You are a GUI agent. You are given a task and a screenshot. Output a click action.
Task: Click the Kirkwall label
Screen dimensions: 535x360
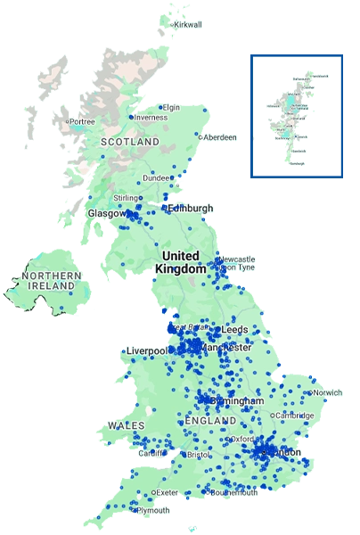coord(189,24)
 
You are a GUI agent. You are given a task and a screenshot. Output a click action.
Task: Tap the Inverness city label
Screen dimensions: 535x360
coord(151,117)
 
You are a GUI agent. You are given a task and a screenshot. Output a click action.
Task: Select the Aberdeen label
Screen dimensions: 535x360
coord(220,137)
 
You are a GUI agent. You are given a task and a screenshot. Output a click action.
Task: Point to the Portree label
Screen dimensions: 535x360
coord(83,121)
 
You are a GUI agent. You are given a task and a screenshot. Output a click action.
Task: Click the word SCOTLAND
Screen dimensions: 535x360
coord(130,142)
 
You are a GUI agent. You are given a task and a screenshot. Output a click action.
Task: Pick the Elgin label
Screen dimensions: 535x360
coord(171,107)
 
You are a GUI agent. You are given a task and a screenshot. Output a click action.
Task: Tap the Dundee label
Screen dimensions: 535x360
coord(157,177)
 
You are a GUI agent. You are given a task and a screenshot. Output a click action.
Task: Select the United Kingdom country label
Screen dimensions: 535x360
coord(180,261)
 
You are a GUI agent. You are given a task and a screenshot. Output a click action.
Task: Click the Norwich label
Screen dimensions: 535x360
coord(327,392)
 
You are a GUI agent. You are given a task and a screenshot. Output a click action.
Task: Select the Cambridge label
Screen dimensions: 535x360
coord(295,415)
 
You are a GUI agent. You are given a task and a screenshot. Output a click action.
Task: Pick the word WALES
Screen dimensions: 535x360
coord(126,426)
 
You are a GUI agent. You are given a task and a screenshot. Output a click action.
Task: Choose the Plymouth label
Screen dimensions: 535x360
coord(153,510)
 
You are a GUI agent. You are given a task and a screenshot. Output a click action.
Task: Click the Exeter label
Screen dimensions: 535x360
coord(168,492)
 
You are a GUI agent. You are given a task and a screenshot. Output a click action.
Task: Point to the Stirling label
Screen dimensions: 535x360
coord(127,197)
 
